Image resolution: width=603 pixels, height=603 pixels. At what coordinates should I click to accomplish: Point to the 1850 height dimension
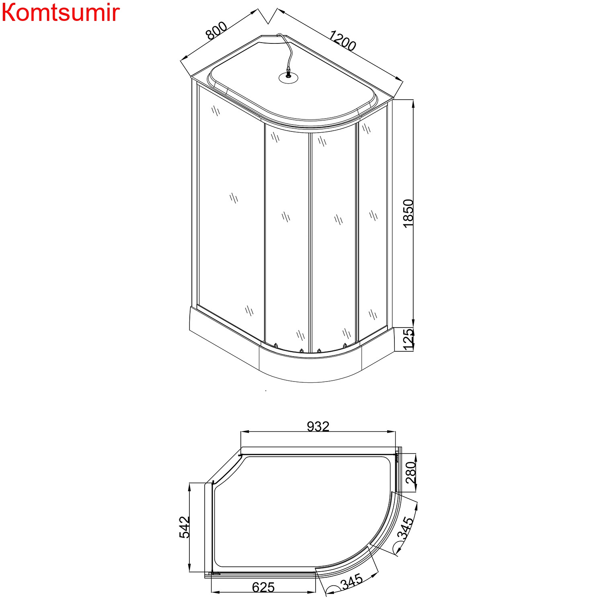click(408, 213)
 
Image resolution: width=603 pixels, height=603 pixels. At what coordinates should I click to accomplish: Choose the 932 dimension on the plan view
click(318, 427)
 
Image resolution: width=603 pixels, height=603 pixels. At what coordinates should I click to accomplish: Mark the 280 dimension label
click(410, 472)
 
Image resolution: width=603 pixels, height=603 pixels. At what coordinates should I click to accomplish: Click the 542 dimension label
click(185, 527)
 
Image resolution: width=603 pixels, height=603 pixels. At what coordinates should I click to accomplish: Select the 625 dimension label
click(263, 587)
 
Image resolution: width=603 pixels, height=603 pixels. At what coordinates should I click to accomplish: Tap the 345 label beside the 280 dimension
click(405, 528)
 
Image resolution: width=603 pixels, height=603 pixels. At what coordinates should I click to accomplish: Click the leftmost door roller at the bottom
click(276, 345)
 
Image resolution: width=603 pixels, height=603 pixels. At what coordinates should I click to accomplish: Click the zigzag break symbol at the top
click(268, 16)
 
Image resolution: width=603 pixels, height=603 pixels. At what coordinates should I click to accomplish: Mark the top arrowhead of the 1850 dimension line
click(413, 103)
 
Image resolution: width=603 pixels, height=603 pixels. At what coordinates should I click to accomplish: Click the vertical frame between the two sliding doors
click(310, 241)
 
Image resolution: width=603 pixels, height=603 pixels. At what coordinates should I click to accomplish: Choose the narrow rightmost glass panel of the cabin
click(372, 225)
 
